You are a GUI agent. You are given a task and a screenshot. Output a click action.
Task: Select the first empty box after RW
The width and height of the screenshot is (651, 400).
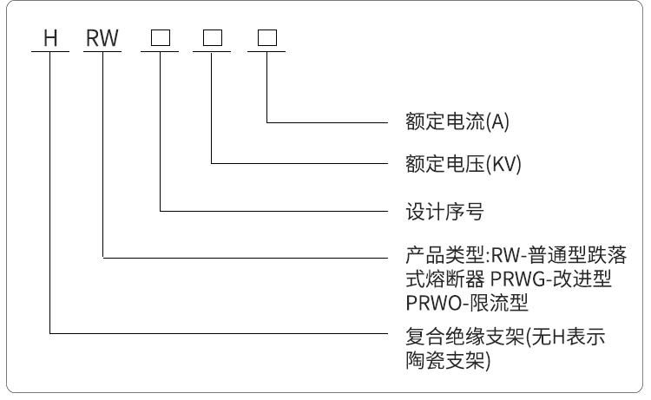(x=161, y=38)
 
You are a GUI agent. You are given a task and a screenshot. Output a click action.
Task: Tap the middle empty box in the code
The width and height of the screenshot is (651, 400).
(x=214, y=38)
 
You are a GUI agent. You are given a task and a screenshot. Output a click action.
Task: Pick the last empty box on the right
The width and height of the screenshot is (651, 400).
(x=266, y=38)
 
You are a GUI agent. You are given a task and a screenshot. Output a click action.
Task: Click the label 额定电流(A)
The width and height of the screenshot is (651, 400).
(x=457, y=122)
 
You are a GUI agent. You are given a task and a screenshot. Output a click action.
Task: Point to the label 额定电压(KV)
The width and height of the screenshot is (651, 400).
(x=462, y=163)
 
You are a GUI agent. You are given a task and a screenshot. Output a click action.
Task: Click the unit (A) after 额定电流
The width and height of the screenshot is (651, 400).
(x=497, y=122)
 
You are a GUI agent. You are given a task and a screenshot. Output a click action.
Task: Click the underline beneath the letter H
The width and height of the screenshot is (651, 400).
(x=50, y=51)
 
